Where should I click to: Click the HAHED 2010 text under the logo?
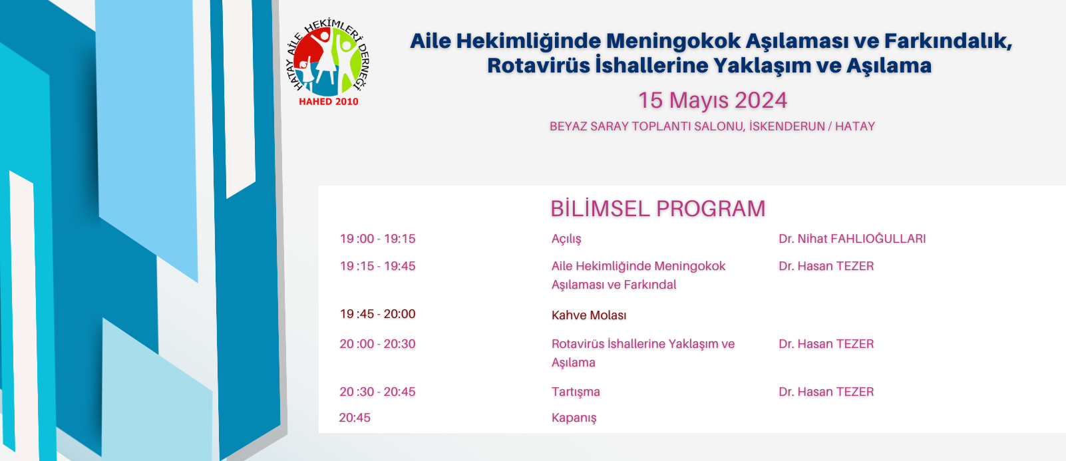[x=328, y=101]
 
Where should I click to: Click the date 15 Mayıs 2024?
[x=713, y=100]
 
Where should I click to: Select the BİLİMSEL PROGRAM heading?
[x=657, y=209]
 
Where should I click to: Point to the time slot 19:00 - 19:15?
[x=377, y=238]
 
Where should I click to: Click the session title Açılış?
[x=566, y=239]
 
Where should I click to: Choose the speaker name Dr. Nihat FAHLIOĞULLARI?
[x=852, y=238]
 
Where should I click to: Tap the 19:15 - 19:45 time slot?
[x=377, y=266]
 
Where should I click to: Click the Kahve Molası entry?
[x=589, y=315]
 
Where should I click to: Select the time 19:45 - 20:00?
[x=377, y=314]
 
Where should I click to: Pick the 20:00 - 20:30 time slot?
[x=377, y=344]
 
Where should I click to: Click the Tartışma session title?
[x=576, y=392]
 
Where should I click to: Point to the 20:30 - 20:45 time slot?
[x=377, y=392]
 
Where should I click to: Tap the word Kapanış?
[x=574, y=418]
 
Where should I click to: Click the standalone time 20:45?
[x=355, y=418]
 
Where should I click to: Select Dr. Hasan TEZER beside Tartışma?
[x=826, y=392]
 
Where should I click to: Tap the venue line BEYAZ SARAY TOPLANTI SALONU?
[x=647, y=126]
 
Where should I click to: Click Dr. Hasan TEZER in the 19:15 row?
[x=826, y=266]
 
